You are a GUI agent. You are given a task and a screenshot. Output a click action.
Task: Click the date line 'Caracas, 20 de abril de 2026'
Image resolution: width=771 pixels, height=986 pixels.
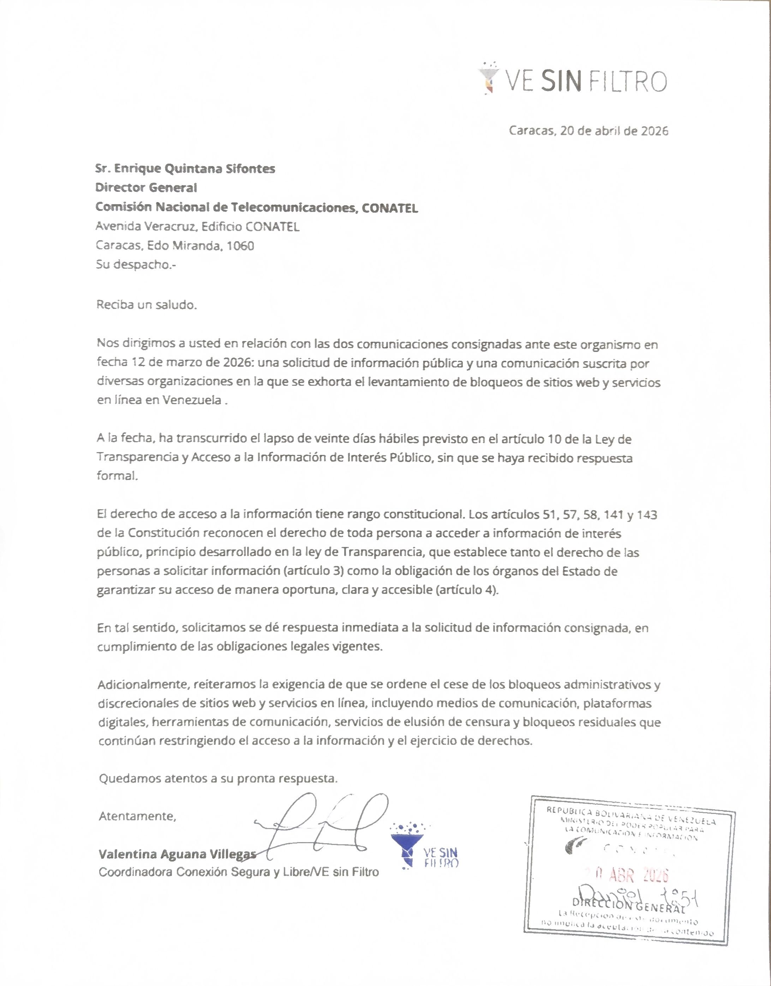[588, 131]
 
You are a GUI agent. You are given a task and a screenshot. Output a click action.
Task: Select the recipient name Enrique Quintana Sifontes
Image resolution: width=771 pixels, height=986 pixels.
[195, 169]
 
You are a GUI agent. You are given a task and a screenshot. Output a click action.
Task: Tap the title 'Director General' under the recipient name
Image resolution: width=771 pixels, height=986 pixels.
[146, 188]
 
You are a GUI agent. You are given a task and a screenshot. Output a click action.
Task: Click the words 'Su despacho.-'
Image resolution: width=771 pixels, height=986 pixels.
[136, 264]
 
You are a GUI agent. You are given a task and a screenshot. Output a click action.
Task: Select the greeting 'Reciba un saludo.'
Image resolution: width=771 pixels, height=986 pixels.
[147, 305]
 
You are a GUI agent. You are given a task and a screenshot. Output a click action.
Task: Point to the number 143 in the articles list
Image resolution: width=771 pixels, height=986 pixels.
[646, 515]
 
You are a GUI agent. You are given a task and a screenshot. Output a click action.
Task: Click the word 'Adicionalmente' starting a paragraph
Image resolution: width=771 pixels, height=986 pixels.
[143, 684]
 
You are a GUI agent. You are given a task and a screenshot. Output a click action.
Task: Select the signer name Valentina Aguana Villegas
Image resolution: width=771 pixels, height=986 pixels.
[177, 854]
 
